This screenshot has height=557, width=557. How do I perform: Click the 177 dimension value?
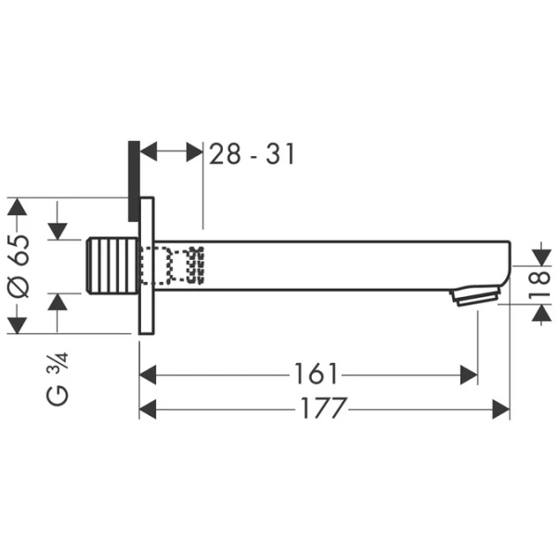(x=323, y=408)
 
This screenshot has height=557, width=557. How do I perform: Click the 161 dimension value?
(x=316, y=374)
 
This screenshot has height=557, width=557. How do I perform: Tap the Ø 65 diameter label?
(x=19, y=266)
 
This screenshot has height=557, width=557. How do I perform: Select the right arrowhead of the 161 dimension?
(x=470, y=375)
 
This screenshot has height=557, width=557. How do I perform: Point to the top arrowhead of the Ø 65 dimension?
(x=19, y=205)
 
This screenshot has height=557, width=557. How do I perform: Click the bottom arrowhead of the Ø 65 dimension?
(x=19, y=326)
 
